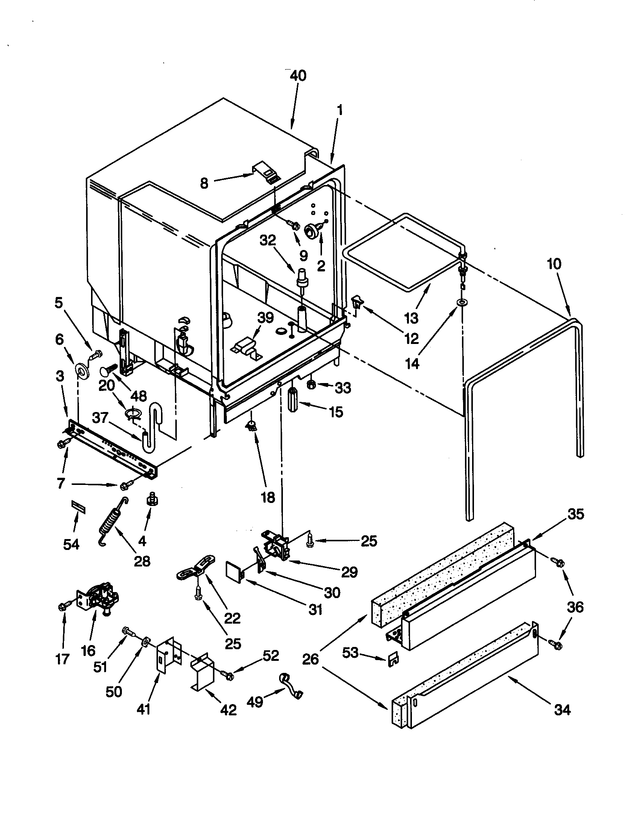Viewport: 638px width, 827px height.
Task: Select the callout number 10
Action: [554, 264]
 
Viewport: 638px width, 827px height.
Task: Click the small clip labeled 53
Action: [393, 660]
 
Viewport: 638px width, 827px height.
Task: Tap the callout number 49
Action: [255, 702]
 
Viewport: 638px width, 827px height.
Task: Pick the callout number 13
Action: [411, 317]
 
